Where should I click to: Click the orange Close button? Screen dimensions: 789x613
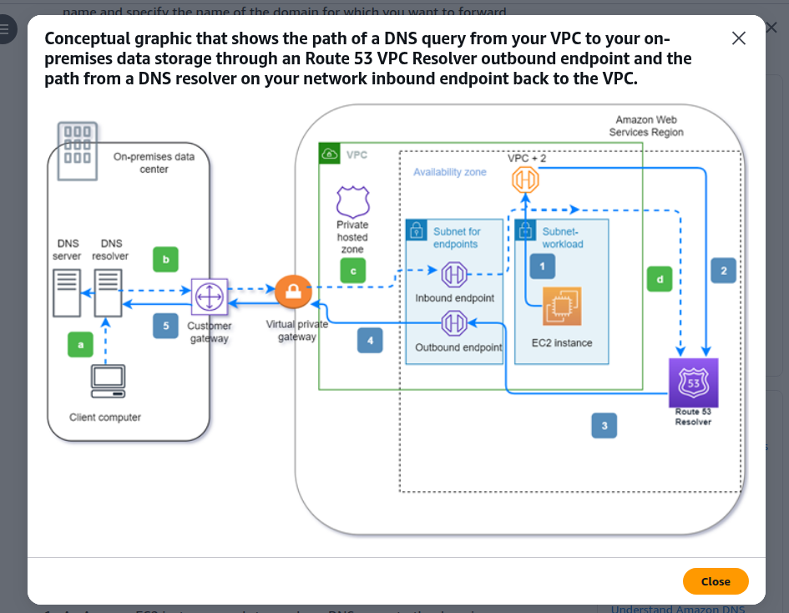pyautogui.click(x=715, y=581)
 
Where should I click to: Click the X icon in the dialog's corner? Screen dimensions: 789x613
pyautogui.click(x=739, y=38)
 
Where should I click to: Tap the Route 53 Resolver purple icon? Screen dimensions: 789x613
pyautogui.click(x=693, y=382)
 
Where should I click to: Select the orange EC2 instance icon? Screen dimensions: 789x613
pyautogui.click(x=562, y=306)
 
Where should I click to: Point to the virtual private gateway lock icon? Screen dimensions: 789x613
pyautogui.click(x=293, y=292)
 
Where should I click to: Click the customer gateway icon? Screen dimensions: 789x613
pyautogui.click(x=210, y=296)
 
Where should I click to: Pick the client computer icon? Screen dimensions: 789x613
pyautogui.click(x=109, y=381)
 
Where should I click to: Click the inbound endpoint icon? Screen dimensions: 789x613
pyautogui.click(x=454, y=274)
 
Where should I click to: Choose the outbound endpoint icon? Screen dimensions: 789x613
pyautogui.click(x=454, y=323)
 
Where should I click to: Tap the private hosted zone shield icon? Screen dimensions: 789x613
pyautogui.click(x=352, y=201)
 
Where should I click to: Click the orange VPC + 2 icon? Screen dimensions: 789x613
pyautogui.click(x=525, y=180)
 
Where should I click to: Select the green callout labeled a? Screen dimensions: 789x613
pyautogui.click(x=80, y=345)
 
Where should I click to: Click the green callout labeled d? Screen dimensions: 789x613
pyautogui.click(x=660, y=279)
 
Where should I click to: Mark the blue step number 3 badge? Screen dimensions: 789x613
pyautogui.click(x=604, y=425)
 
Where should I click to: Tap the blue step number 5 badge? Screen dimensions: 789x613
pyautogui.click(x=165, y=326)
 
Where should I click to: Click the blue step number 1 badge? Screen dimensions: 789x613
pyautogui.click(x=543, y=266)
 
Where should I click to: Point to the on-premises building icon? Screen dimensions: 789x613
pyautogui.click(x=78, y=151)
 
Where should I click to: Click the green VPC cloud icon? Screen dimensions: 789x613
pyautogui.click(x=330, y=154)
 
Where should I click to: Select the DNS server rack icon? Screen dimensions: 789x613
pyautogui.click(x=67, y=293)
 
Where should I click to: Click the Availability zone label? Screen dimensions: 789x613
pyautogui.click(x=450, y=172)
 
